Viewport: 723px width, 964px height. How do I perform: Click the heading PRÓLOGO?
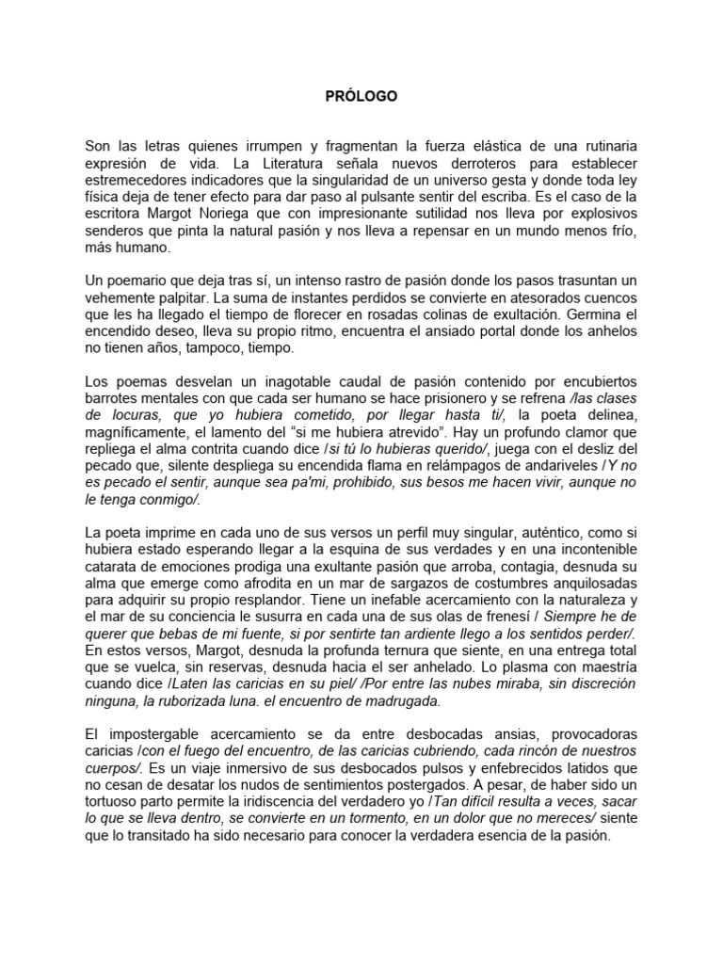(x=361, y=96)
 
